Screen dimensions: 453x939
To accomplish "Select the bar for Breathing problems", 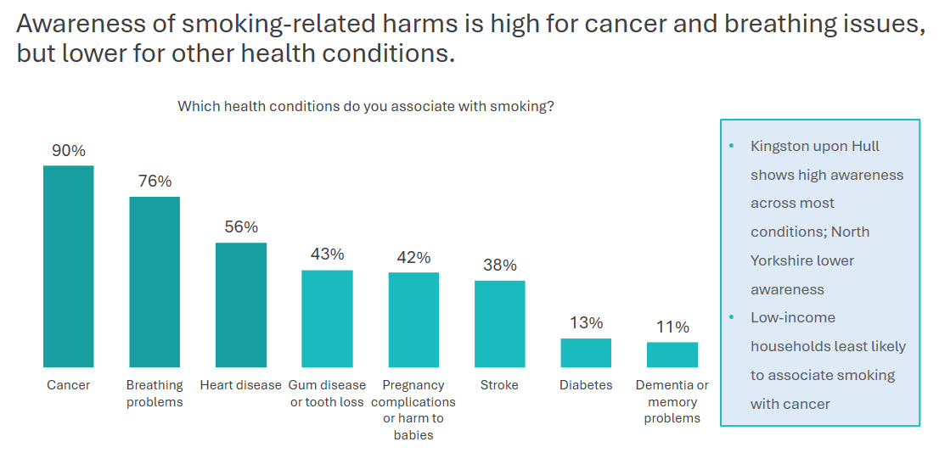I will (x=155, y=282).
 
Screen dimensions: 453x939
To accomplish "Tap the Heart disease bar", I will (x=241, y=305).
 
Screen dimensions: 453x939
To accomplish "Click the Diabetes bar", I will (x=586, y=352).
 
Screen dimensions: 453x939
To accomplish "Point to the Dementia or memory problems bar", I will (x=672, y=355).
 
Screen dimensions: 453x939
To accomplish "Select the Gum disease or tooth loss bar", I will (x=327, y=318).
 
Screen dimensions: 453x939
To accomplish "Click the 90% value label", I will (x=69, y=151).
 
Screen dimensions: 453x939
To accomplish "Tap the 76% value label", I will (x=155, y=182).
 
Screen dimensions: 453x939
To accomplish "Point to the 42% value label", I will (x=413, y=258).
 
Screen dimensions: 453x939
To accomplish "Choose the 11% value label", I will (x=672, y=327).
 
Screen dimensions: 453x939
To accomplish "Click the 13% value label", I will (x=586, y=323).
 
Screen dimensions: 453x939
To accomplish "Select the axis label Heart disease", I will (x=241, y=385).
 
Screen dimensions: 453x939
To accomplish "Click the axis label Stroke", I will (x=499, y=385).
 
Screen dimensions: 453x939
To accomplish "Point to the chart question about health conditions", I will (x=366, y=107).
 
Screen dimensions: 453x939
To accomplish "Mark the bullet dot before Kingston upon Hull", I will (x=732, y=146).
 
